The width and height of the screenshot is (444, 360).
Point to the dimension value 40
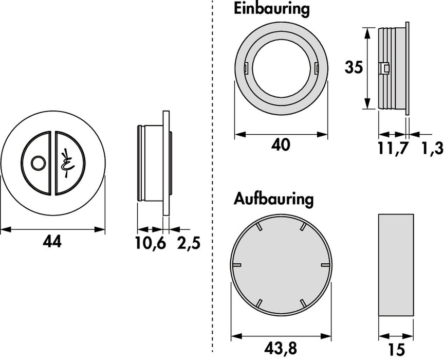point(281,146)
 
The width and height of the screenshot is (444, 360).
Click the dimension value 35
point(354,67)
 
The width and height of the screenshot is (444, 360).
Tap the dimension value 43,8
point(281,348)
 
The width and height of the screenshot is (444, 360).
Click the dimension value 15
point(396,349)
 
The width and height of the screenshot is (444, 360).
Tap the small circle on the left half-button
point(37,164)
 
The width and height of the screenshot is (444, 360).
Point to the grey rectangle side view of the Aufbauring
point(396,264)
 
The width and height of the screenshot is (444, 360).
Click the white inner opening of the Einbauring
point(281,66)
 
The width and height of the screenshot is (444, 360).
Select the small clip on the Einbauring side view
point(383,68)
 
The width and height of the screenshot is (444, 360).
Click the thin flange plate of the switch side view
point(165,164)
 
